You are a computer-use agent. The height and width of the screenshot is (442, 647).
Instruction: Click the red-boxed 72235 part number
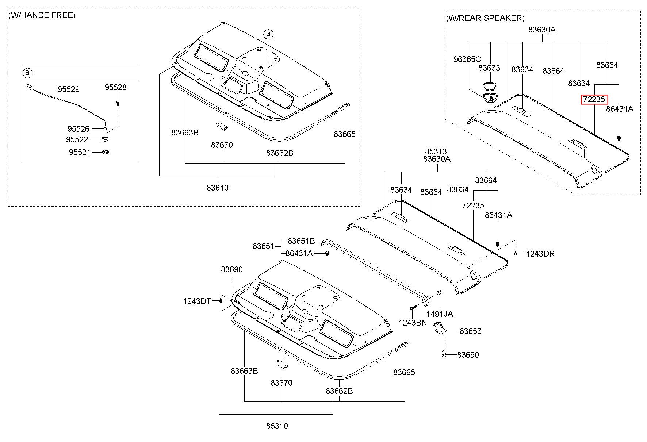pos(594,99)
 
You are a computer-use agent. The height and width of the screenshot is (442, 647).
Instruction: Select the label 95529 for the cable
pos(69,89)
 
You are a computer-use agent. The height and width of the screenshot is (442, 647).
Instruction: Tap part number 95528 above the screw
pos(116,87)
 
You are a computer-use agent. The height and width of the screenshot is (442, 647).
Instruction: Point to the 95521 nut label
pos(80,152)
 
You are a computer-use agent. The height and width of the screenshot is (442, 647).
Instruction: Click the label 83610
pos(218,188)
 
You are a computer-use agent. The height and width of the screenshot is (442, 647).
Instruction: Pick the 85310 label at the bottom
pos(277,426)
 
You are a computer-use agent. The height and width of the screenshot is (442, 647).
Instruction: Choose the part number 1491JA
pos(440,314)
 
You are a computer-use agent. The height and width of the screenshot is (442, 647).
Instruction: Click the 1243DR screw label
pos(540,254)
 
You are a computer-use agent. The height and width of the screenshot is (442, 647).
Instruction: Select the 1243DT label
pos(197,301)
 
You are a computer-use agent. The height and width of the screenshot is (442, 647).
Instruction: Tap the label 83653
pos(471,331)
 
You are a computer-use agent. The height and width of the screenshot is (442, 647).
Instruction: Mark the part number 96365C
pos(467,59)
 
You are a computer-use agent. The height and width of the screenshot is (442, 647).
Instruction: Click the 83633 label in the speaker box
pos(489,68)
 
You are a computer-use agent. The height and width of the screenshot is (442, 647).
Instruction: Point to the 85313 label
pos(436,151)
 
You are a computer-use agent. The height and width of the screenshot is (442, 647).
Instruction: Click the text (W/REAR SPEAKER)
pos(485,18)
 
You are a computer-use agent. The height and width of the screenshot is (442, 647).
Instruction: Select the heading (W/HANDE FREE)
pos(42,15)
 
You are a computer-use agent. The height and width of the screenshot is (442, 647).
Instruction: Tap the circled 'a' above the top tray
pos(268,34)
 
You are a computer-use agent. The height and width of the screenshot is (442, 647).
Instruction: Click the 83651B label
pos(301,241)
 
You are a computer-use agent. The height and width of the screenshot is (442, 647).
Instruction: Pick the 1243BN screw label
pos(413,323)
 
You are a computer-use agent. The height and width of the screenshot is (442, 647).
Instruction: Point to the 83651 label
pos(263,246)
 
